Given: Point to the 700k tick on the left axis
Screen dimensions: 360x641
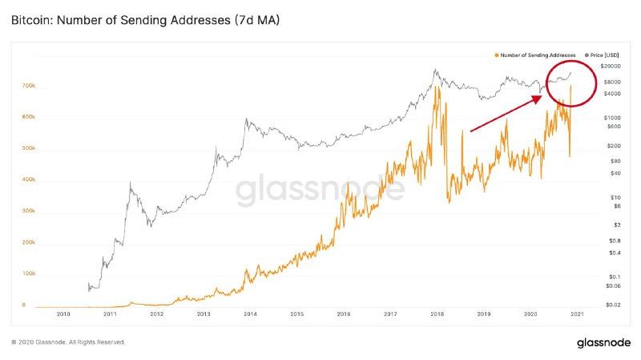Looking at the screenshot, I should point(29,85).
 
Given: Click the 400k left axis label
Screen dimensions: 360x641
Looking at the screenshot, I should point(29,180).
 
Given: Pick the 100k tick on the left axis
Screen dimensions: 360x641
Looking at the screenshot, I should point(29,274).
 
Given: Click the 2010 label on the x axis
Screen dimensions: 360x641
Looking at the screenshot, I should point(64,314).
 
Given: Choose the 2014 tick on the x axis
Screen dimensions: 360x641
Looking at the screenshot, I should point(250,314).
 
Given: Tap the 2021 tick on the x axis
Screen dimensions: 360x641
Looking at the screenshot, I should point(575,314).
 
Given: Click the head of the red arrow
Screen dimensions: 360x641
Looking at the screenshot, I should point(540,96).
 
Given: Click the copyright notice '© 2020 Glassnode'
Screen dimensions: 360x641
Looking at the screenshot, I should point(68,342).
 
